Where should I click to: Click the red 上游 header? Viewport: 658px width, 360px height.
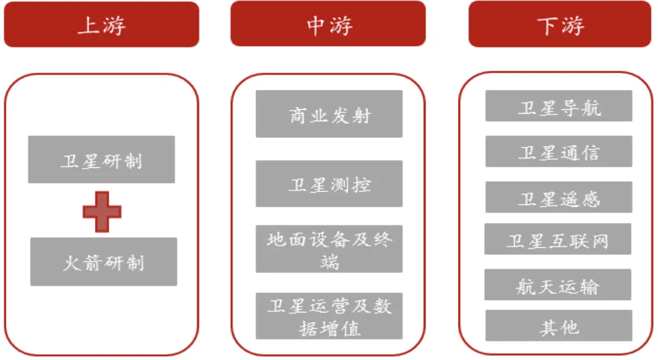[101, 24]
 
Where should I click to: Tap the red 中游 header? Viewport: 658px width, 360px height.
[328, 24]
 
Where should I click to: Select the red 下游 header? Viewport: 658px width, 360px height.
[559, 24]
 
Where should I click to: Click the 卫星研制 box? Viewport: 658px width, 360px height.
[101, 160]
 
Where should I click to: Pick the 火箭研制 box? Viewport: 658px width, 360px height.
[104, 262]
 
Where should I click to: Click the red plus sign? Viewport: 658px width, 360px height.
[102, 211]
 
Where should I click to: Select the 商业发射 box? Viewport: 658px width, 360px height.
[329, 114]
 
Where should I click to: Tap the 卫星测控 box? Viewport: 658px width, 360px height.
[329, 183]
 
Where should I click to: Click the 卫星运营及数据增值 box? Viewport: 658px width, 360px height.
[329, 316]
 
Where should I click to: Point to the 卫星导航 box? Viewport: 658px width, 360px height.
[559, 106]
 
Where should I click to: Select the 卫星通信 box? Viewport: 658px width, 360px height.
[559, 151]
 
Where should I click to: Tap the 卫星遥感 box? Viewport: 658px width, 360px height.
[559, 197]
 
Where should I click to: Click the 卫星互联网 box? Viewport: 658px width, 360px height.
[557, 239]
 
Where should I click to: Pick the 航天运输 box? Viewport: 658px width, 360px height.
[557, 284]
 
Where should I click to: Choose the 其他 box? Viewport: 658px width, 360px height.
[559, 326]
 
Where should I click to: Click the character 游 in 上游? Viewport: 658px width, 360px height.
[113, 26]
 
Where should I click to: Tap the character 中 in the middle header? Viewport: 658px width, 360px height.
[316, 25]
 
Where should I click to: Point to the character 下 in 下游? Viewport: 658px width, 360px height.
[548, 26]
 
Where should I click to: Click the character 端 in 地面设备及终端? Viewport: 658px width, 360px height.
[329, 263]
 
